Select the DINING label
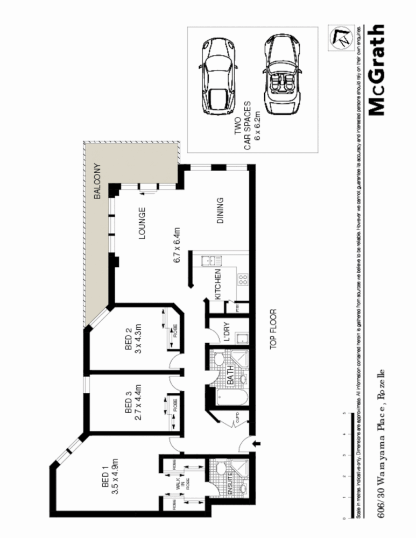pyautogui.click(x=219, y=210)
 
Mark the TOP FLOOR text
pyautogui.click(x=273, y=329)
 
